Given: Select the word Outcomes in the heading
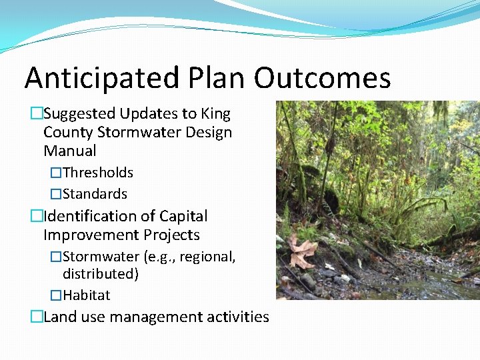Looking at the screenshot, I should [x=322, y=79].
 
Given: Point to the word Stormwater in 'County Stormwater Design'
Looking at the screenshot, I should [x=135, y=133].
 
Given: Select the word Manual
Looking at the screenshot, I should [x=69, y=151].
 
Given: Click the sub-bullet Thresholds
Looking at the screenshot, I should [x=98, y=173].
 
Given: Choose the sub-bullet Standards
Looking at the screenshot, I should [x=95, y=194].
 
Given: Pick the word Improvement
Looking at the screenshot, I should [x=91, y=235].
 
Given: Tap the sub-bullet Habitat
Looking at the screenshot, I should [x=87, y=295].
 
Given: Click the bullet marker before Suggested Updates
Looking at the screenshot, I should [x=36, y=114].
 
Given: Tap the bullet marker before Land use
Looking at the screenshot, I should [x=36, y=317].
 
